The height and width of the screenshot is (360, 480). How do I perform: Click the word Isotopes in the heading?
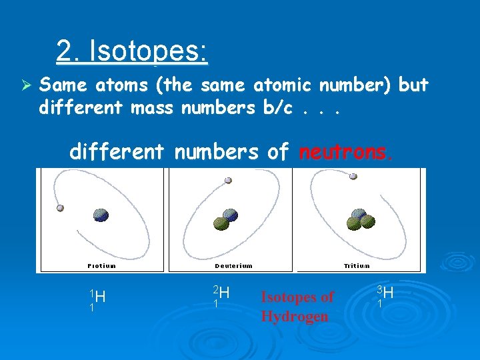tap(148, 51)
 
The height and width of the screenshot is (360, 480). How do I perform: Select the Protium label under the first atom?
tap(101, 265)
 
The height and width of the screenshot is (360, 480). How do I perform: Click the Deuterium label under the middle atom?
tap(233, 265)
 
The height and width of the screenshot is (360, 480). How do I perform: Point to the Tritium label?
tap(357, 265)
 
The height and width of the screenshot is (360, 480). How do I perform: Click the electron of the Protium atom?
tap(61, 208)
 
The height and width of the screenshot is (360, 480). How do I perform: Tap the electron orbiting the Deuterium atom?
tap(229, 180)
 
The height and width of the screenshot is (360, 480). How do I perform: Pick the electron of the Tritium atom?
tap(353, 177)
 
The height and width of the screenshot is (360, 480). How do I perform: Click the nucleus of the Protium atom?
tap(101, 215)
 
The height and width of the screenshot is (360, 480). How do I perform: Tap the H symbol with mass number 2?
tap(224, 293)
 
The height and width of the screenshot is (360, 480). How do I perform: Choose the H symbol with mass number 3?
tap(388, 293)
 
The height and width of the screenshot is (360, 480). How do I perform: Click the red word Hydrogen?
tap(295, 316)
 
